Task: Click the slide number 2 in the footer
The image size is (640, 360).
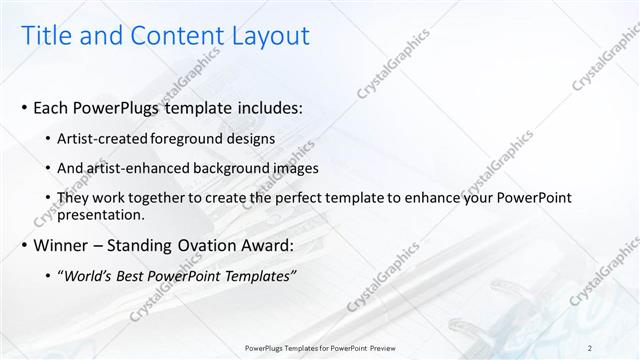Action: pyautogui.click(x=590, y=347)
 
